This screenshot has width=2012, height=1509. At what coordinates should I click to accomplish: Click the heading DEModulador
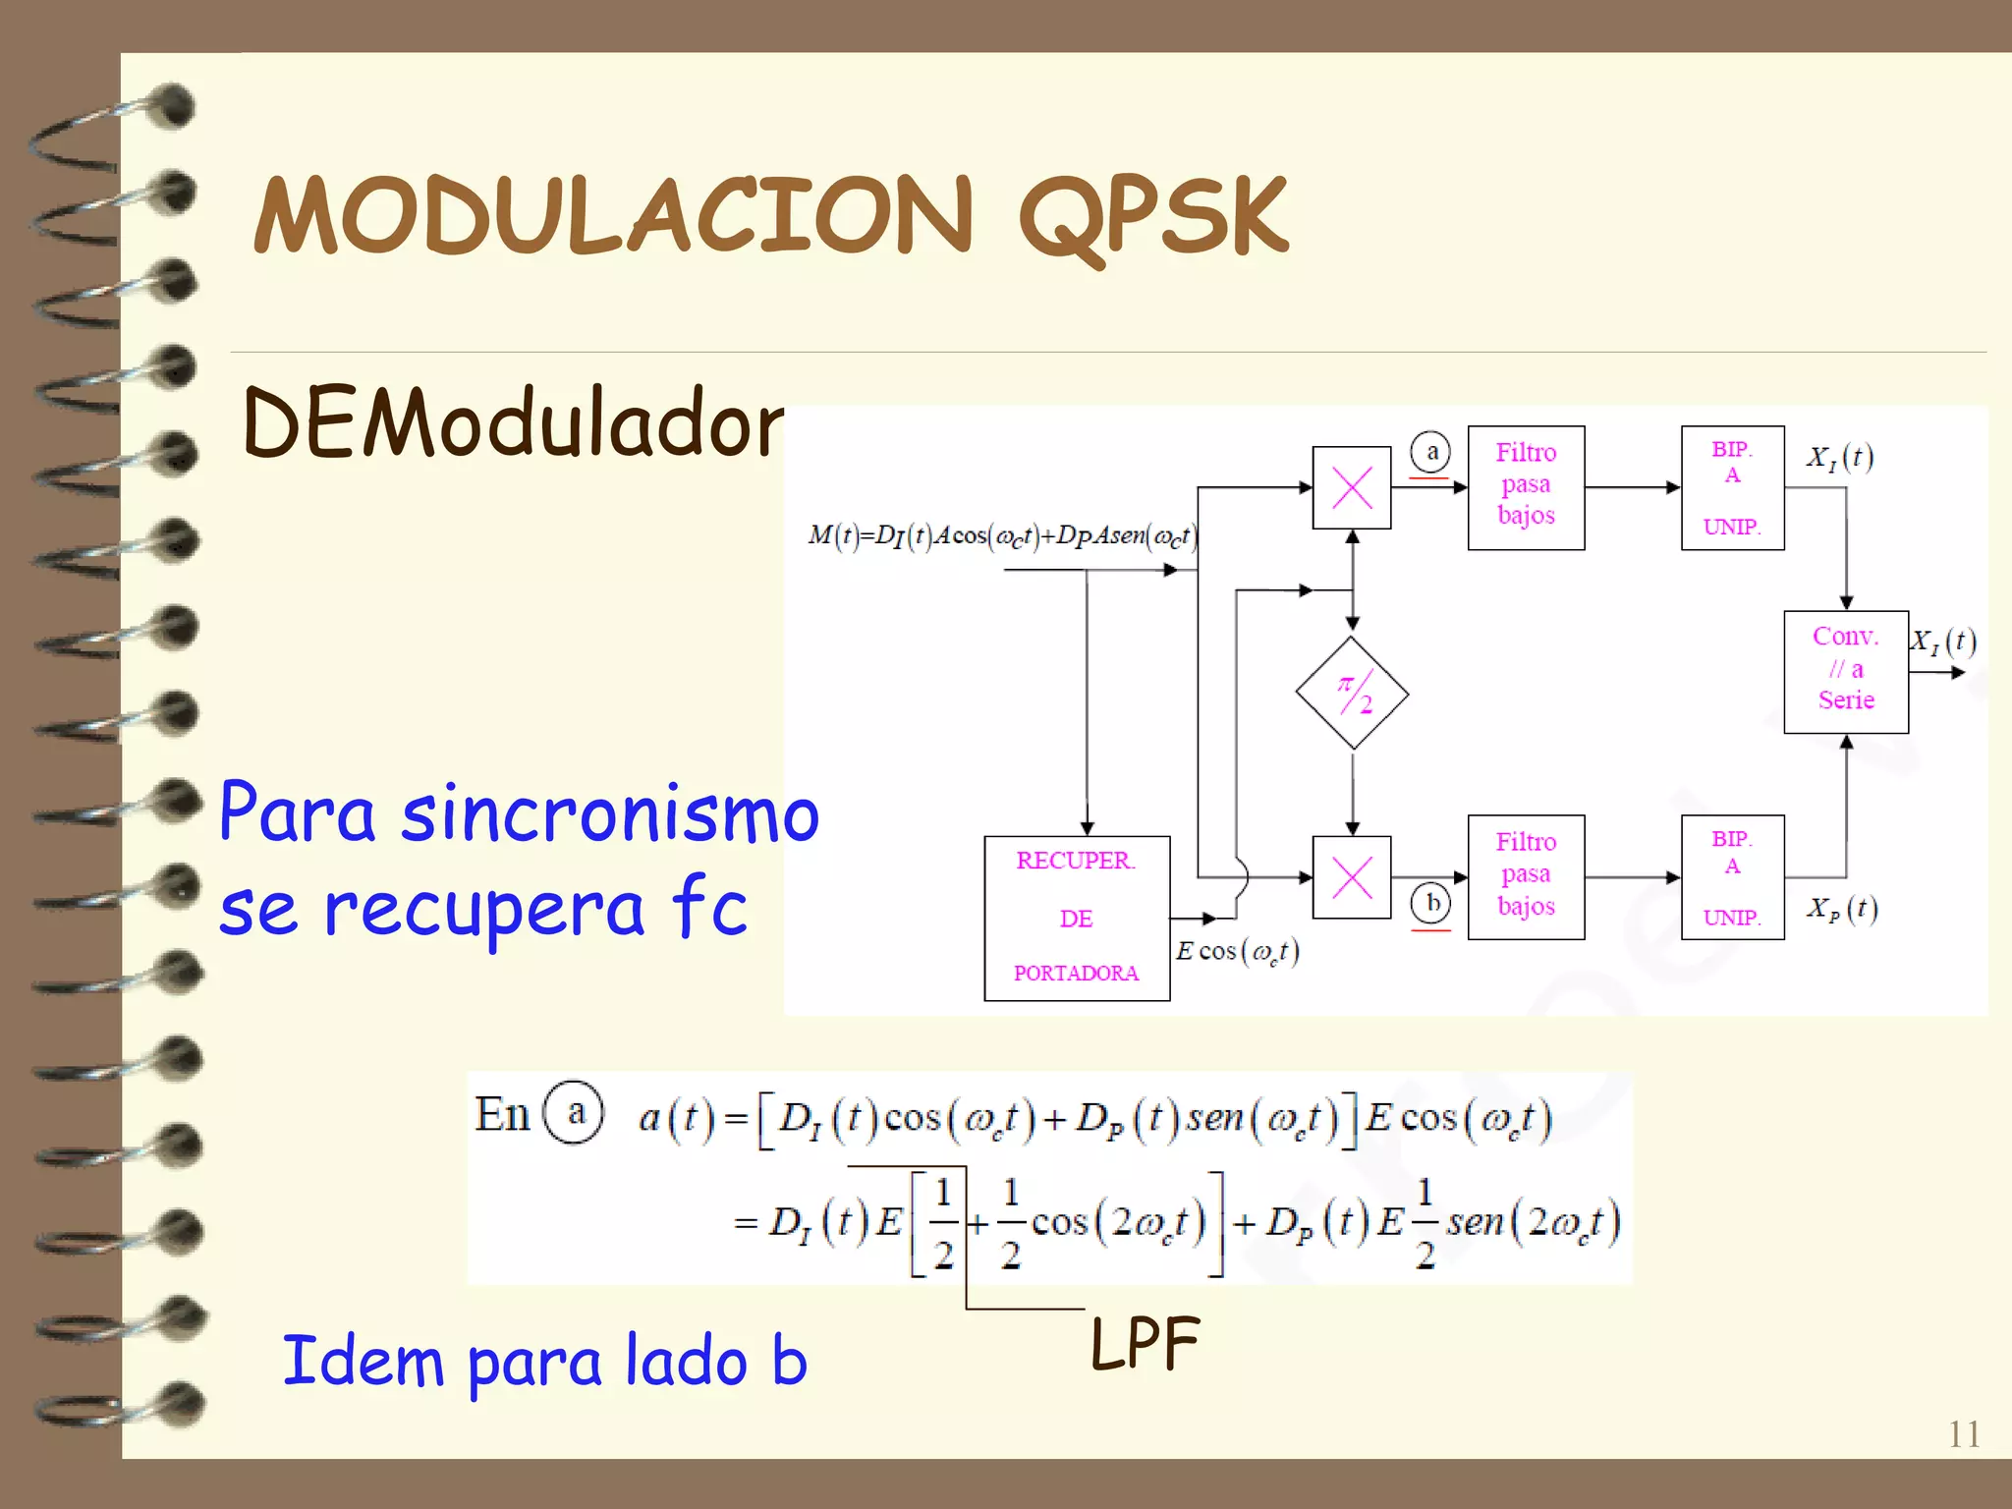click(x=512, y=424)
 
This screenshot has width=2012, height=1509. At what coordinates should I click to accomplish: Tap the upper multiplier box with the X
click(x=1352, y=487)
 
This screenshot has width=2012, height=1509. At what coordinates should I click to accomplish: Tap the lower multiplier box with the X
click(x=1352, y=877)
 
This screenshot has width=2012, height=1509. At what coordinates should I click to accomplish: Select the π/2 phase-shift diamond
click(x=1353, y=694)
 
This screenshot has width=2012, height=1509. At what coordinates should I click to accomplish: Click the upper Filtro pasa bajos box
click(x=1526, y=487)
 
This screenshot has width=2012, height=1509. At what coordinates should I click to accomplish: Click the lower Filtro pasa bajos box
click(x=1526, y=876)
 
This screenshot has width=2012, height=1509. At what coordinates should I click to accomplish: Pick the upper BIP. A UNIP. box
click(x=1732, y=487)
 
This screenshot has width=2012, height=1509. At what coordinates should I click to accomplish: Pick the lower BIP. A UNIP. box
click(x=1732, y=876)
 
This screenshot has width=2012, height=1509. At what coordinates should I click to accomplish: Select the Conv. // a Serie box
click(x=1846, y=671)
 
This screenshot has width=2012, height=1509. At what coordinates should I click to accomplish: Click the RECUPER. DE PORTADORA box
click(x=1077, y=918)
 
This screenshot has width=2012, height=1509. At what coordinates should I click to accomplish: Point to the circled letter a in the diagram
click(x=1431, y=452)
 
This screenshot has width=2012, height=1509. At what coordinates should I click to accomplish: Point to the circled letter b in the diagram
click(x=1431, y=902)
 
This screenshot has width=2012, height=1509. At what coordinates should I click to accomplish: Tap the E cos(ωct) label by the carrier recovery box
click(x=1238, y=951)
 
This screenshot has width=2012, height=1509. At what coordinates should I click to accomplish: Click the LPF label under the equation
click(x=1146, y=1343)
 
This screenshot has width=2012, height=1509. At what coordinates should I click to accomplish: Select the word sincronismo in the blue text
click(x=610, y=814)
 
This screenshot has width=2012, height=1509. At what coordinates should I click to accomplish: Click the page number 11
click(x=1964, y=1434)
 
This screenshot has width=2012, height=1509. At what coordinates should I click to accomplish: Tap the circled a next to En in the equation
click(x=575, y=1113)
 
